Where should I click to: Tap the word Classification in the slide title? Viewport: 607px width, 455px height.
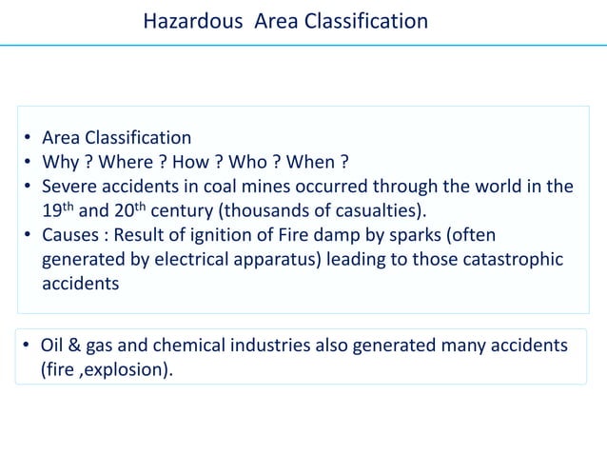369,21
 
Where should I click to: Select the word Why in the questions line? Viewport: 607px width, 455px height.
59,162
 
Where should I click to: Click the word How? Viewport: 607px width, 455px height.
203,162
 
